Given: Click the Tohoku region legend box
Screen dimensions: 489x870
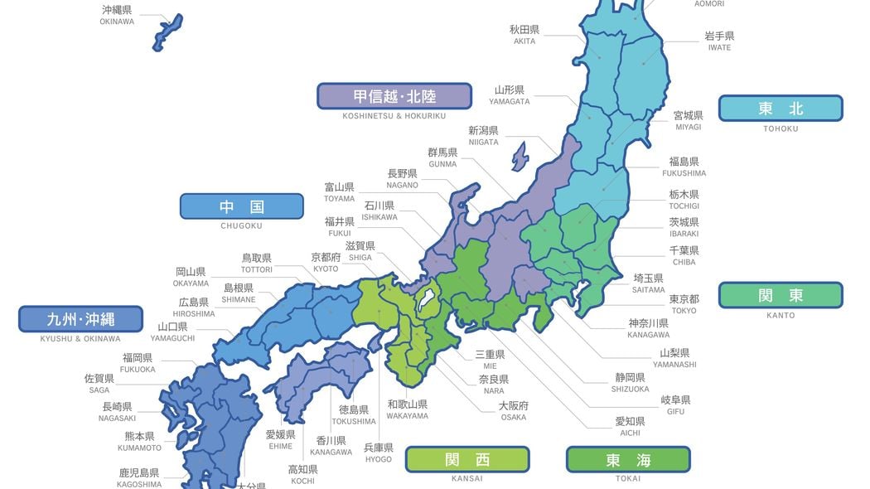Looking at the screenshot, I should (780, 109).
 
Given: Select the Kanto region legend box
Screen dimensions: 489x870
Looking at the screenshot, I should (780, 295).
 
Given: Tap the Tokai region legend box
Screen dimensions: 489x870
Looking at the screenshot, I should (627, 459).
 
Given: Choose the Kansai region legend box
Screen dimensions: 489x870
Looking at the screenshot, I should (466, 459).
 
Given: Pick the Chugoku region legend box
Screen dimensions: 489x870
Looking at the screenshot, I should (241, 206).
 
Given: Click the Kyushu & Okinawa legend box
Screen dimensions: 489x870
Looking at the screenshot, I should (80, 319).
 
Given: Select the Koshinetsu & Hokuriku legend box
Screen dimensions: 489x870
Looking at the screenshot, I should (394, 96).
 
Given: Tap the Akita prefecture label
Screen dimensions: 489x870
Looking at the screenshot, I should (524, 34).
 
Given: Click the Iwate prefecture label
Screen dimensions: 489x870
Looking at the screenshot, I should (718, 41).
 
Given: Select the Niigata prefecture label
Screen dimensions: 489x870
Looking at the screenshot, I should (483, 135).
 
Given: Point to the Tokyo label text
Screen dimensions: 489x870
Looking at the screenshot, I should (683, 303).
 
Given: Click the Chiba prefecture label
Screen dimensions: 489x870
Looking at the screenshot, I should (684, 254).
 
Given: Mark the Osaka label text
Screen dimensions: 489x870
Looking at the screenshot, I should (513, 410).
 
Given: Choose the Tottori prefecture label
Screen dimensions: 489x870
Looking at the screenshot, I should (256, 263).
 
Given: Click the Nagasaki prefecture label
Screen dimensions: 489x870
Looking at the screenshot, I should (118, 411).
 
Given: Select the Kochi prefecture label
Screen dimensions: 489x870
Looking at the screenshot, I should (302, 474).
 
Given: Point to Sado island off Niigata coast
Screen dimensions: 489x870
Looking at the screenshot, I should (519, 155).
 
